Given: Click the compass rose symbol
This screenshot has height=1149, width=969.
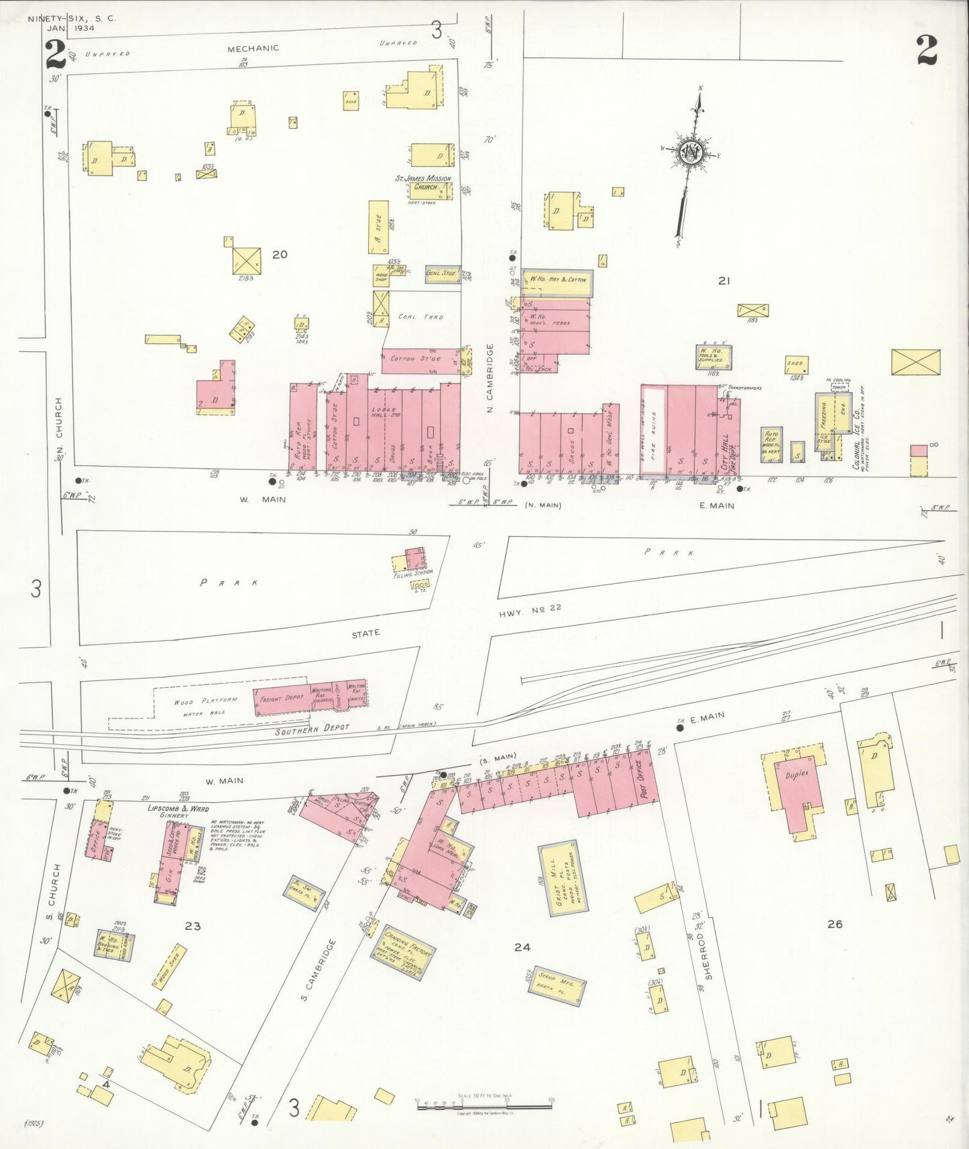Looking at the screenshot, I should point(691,154).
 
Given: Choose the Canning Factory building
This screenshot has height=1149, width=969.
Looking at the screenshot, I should point(402,953).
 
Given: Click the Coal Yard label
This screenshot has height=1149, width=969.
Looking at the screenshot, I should point(420,316).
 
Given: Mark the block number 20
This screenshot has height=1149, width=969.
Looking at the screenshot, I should point(280,255).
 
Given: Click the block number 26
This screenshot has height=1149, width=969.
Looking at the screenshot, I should point(834,924).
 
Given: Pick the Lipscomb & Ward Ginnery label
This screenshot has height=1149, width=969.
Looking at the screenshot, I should point(178,811).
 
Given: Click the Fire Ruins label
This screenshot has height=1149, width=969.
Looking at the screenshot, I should point(654,429).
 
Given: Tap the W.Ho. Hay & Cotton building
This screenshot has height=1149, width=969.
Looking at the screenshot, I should point(557,280).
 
